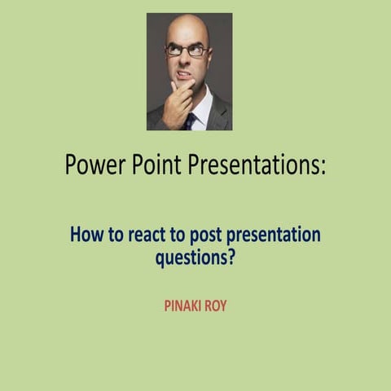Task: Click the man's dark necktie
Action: click(191, 121)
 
